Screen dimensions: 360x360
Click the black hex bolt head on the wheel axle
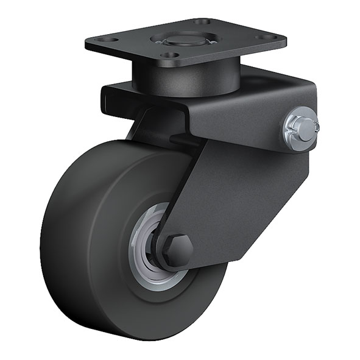[177, 250]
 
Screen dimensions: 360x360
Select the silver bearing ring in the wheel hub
[152, 244]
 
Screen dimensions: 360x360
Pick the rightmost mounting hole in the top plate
[266, 37]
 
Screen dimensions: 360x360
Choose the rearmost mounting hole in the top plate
[203, 21]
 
